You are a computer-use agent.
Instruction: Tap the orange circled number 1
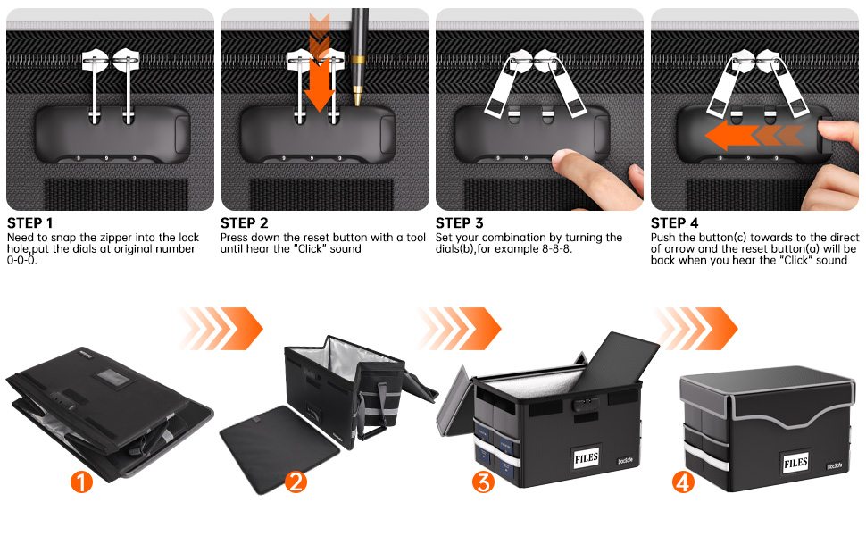click(81, 482)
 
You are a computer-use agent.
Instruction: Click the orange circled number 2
click(296, 482)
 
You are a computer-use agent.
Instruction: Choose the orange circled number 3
click(484, 482)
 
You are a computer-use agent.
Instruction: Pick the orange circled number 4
click(683, 482)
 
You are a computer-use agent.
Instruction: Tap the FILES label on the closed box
click(796, 463)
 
